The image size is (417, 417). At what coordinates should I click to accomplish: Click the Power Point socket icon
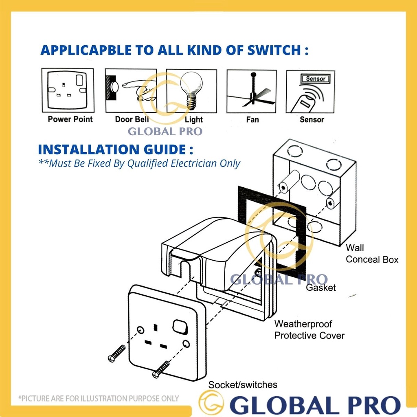point(68,90)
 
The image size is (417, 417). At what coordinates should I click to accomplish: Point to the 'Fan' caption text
point(252,120)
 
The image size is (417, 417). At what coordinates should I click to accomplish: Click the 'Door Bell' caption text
point(132,119)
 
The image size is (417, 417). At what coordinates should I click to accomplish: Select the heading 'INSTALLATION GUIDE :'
point(115,149)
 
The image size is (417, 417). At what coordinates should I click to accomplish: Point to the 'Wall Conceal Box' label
point(372,253)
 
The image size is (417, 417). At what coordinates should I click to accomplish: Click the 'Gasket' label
point(321,288)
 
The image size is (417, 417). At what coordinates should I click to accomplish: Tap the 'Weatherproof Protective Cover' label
point(309,330)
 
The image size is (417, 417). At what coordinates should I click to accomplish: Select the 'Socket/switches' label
point(243,384)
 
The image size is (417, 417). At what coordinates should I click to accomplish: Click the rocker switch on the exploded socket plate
point(179,326)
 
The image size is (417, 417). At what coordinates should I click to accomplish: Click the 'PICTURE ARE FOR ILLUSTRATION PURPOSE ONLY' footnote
point(99,398)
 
